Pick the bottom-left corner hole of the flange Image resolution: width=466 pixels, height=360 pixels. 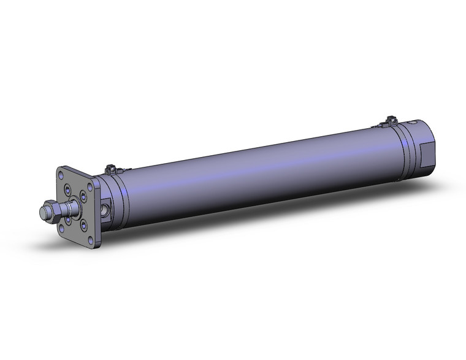(x=61, y=226)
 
